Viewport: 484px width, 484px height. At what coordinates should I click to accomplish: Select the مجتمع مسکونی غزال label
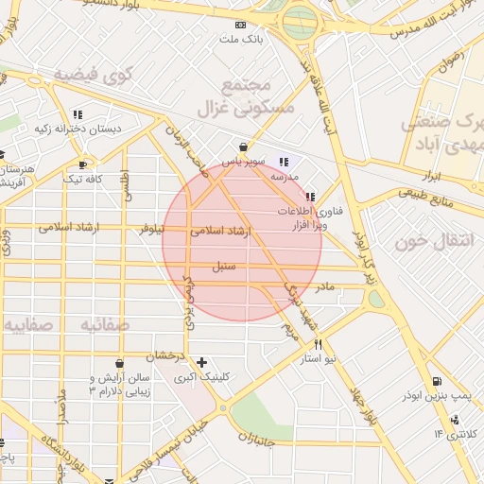247,97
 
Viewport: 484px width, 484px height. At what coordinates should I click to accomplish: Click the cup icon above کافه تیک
83,164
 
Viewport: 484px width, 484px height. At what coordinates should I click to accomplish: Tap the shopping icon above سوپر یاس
244,147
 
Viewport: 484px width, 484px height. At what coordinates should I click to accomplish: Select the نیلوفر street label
151,229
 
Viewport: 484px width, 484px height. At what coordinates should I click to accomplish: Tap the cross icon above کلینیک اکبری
200,362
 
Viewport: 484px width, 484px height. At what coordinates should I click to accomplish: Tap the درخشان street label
164,355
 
